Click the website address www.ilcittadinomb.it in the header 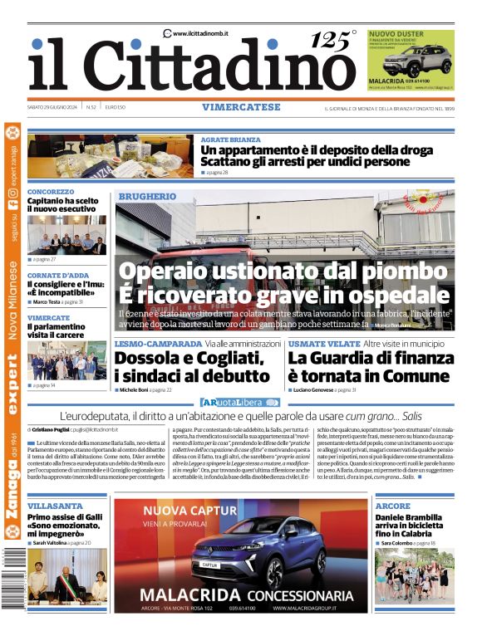tap(200, 33)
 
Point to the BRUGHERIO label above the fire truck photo tap(147, 196)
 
